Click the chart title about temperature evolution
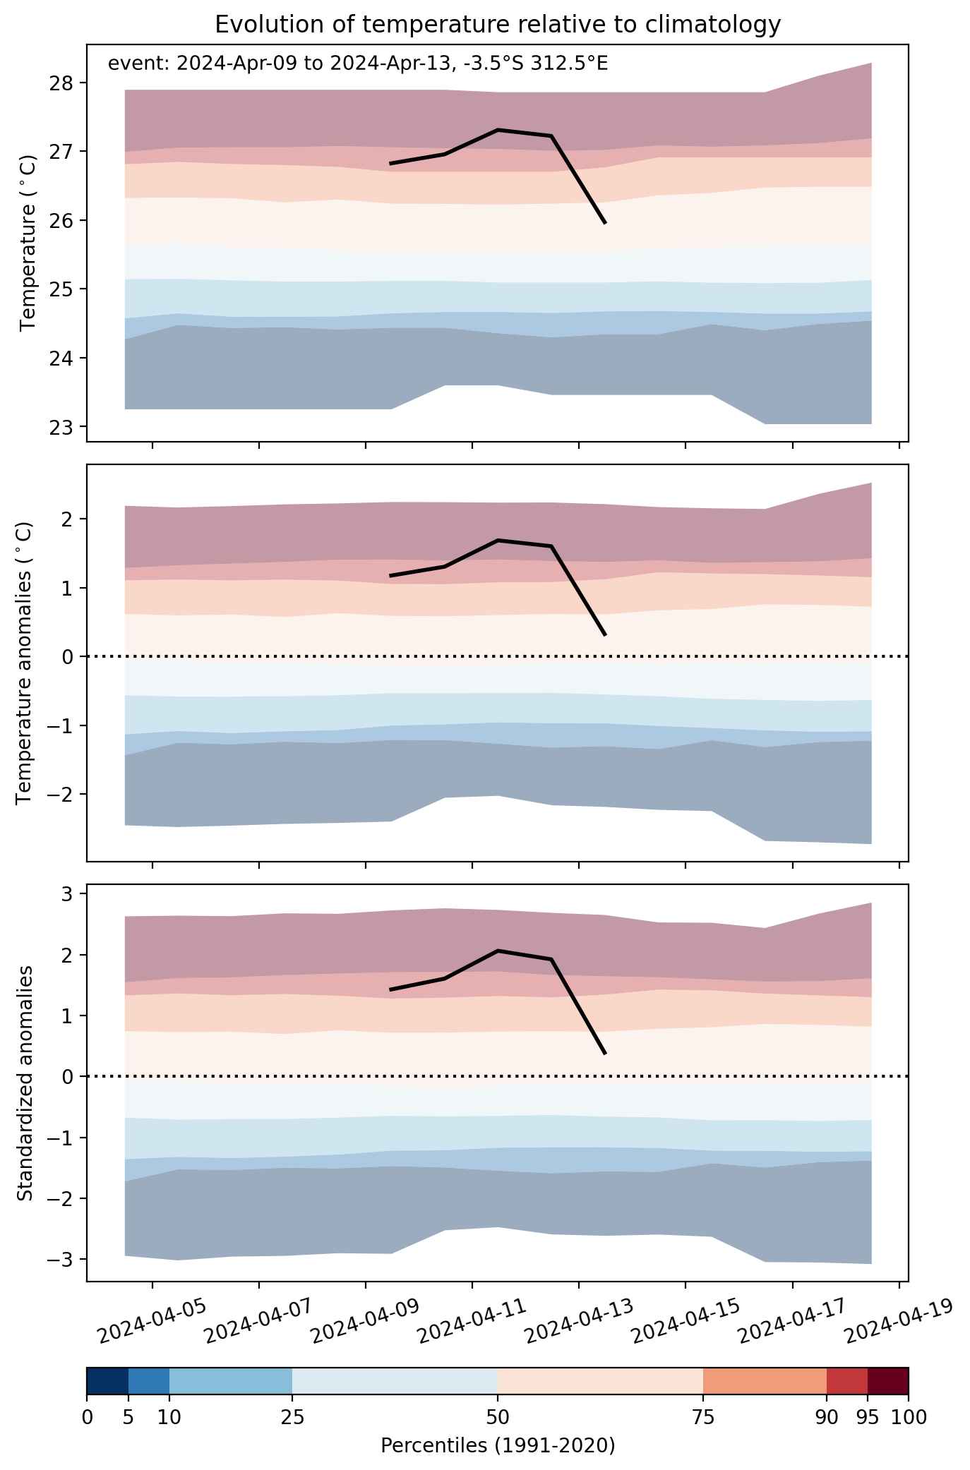tap(498, 25)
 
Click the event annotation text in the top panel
tap(358, 64)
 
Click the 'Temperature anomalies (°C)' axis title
tap(25, 663)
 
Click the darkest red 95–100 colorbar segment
tap(888, 1382)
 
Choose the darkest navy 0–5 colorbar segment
tap(107, 1382)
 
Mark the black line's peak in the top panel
tap(498, 130)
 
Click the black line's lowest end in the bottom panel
tap(605, 1054)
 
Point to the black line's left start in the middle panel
tap(390, 576)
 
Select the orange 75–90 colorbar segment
tap(765, 1382)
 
